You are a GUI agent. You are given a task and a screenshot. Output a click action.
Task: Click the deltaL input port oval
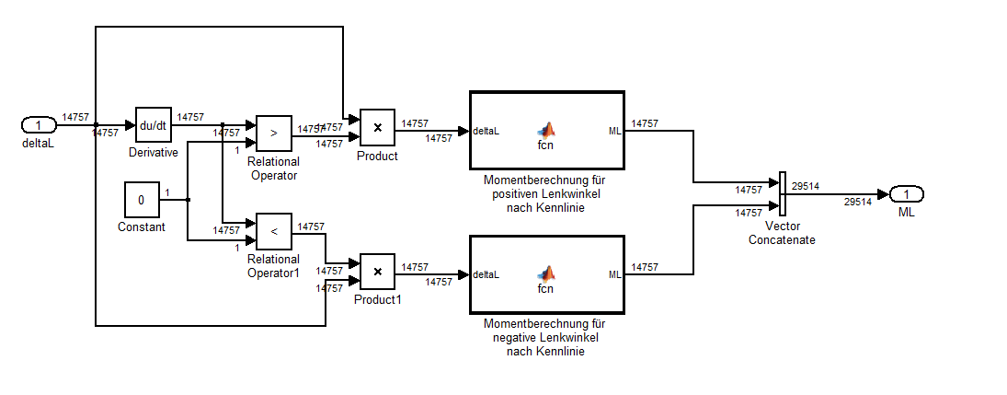[39, 125]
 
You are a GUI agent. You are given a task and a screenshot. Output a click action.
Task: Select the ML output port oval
[906, 194]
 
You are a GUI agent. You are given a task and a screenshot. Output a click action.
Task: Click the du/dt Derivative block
[154, 124]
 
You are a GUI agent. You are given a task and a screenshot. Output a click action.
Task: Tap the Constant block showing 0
[142, 200]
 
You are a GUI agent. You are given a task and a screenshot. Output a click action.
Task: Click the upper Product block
[377, 128]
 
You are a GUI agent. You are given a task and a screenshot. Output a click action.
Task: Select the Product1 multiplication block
[377, 272]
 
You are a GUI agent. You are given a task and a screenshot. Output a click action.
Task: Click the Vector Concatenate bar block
[782, 193]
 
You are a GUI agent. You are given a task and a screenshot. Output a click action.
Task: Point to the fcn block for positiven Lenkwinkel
[546, 130]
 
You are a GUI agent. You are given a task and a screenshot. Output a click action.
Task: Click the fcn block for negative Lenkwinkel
[546, 274]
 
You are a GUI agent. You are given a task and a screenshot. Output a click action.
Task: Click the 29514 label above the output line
[806, 185]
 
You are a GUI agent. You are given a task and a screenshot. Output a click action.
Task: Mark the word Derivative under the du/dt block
[154, 152]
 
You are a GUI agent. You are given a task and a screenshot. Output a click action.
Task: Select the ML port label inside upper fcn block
[614, 131]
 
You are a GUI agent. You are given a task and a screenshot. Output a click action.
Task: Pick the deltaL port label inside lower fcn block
[486, 275]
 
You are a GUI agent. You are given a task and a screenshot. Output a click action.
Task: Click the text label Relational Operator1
[273, 266]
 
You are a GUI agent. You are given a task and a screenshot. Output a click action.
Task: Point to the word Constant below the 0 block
[142, 227]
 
